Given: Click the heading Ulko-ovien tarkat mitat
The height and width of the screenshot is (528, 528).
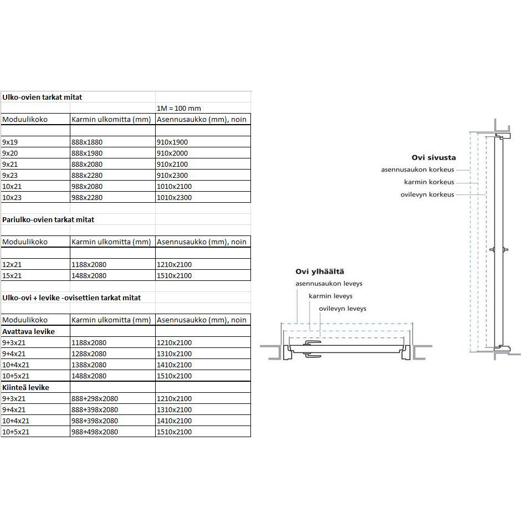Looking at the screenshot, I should tap(42, 97).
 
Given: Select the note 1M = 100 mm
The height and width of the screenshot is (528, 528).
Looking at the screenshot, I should tap(180, 108).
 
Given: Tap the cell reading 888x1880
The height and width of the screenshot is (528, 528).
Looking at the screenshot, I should tap(87, 142).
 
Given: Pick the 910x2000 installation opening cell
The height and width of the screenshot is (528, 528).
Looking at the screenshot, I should tap(173, 153).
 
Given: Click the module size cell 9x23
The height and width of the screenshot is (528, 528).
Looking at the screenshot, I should tap(11, 175).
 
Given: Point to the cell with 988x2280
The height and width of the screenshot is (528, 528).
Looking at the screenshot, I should tap(87, 197).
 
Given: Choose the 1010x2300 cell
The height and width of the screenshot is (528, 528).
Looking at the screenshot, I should tap(175, 197).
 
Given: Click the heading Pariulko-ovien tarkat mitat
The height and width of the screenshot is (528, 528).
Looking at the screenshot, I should tap(48, 219).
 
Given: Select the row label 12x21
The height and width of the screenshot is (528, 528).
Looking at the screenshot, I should tap(12, 264).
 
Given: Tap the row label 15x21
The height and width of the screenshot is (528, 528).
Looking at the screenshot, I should tap(12, 275).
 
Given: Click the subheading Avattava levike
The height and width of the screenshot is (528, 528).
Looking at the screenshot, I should tap(28, 331).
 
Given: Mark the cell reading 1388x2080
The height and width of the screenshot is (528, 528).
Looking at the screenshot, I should tap(89, 365).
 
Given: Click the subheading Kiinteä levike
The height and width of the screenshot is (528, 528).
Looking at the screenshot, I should tap(25, 387).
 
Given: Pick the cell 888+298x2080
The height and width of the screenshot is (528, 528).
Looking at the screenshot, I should tap(95, 398).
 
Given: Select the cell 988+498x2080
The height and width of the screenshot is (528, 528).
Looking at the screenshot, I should tap(95, 432).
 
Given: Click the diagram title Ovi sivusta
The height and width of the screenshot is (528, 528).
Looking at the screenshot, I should tap(433, 157).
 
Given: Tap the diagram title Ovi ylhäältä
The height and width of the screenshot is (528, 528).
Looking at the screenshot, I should tap(320, 271).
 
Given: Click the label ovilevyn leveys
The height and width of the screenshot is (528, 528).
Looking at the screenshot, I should tap(342, 309).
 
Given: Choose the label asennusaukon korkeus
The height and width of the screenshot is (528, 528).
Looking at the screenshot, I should tap(417, 169).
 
